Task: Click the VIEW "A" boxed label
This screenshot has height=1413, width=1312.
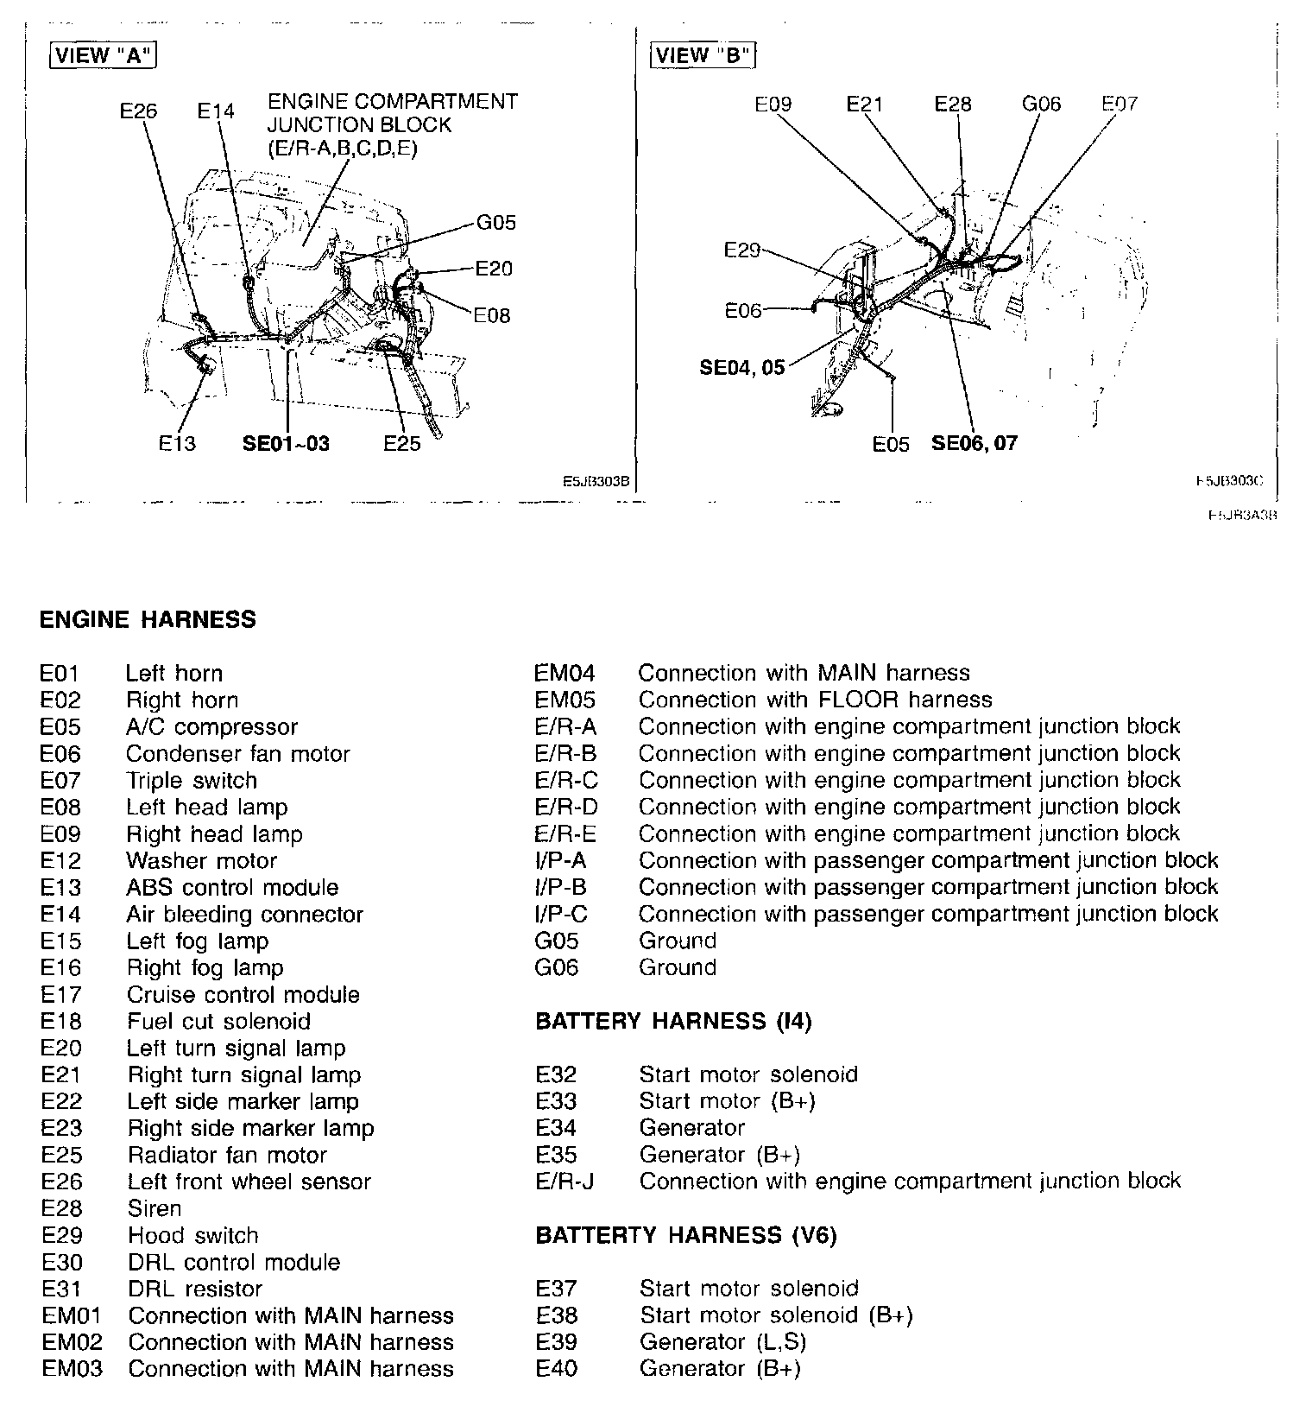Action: tap(103, 56)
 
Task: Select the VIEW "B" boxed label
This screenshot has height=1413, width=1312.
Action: tap(703, 56)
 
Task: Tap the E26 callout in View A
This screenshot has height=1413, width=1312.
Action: tap(139, 111)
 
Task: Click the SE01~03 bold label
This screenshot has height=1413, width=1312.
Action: tap(286, 444)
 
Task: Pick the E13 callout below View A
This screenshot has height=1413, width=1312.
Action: tap(177, 444)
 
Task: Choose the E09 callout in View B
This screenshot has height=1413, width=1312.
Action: tap(773, 105)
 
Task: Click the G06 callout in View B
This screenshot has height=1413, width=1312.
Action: tap(1041, 105)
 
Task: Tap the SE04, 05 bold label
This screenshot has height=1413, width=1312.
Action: tap(742, 368)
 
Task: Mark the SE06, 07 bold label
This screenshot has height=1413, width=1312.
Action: tap(975, 444)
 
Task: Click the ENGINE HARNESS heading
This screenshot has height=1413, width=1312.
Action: tap(148, 619)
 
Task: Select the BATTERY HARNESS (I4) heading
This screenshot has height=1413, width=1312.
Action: tap(673, 1022)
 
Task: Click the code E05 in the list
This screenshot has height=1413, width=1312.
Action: tap(60, 727)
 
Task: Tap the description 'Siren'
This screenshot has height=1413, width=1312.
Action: tap(155, 1208)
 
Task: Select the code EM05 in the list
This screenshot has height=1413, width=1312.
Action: tap(565, 700)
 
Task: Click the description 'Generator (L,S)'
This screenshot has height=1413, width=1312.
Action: tap(724, 1342)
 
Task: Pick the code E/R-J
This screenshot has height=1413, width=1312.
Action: tap(565, 1181)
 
